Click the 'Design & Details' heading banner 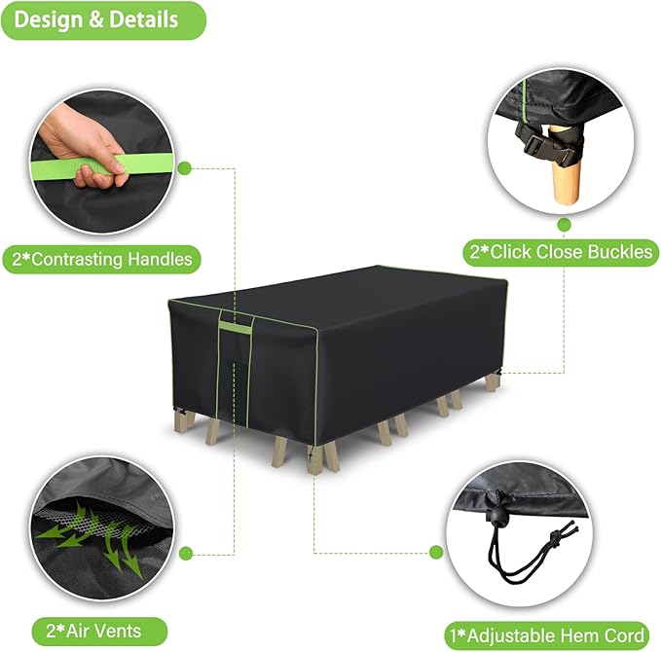click(103, 20)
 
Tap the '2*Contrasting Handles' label click(101, 259)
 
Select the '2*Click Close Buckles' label click(561, 252)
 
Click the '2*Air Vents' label click(99, 631)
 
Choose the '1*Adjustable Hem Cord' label click(547, 635)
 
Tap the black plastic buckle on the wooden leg click(544, 148)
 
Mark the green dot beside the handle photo click(185, 168)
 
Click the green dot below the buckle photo click(564, 225)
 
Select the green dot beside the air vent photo click(186, 553)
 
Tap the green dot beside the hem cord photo click(436, 552)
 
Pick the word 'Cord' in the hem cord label click(624, 635)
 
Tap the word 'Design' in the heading click(47, 20)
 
